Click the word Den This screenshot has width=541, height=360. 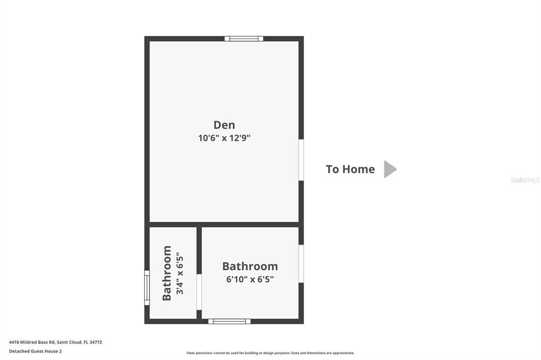[x=224, y=125]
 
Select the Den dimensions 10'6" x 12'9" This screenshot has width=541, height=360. [x=224, y=138]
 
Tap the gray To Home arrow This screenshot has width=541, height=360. [x=390, y=169]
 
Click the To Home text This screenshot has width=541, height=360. [x=350, y=169]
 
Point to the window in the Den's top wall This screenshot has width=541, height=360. [x=244, y=39]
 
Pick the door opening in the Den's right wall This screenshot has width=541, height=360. [x=301, y=160]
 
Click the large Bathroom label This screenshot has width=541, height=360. [x=250, y=267]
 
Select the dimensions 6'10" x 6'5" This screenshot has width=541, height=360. [x=250, y=279]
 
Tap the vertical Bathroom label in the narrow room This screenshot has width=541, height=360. [x=167, y=273]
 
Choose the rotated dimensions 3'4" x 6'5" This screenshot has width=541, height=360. [x=180, y=273]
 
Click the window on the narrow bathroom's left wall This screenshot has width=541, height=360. [x=147, y=288]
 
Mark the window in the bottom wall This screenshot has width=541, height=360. [x=229, y=321]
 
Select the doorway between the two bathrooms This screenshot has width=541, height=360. [x=199, y=291]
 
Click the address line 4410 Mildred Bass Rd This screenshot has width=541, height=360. [x=55, y=342]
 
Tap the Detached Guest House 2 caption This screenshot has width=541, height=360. [x=35, y=351]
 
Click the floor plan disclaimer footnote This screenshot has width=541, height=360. [x=270, y=353]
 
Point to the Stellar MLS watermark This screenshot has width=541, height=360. [x=525, y=180]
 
